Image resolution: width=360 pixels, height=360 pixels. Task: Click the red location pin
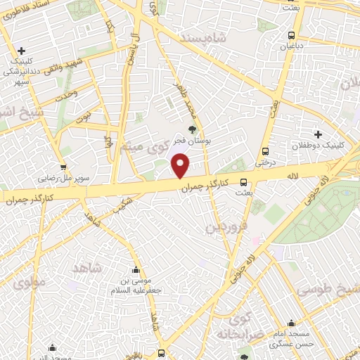tap(181, 166)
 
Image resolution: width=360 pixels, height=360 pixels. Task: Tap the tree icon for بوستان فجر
tap(192, 129)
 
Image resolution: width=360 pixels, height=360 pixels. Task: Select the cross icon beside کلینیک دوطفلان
tap(318, 134)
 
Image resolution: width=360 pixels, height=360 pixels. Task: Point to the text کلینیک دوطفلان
tap(317, 148)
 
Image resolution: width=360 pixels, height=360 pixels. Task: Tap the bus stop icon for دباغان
tap(291, 35)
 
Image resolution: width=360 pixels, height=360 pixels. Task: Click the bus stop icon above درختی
tap(265, 151)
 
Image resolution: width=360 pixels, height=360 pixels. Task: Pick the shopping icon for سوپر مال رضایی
tap(63, 167)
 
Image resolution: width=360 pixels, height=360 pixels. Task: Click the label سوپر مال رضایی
tap(84, 179)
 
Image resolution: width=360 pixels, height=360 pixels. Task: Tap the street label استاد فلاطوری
tap(27, 14)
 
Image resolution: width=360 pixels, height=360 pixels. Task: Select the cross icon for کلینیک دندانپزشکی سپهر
tap(22, 51)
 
